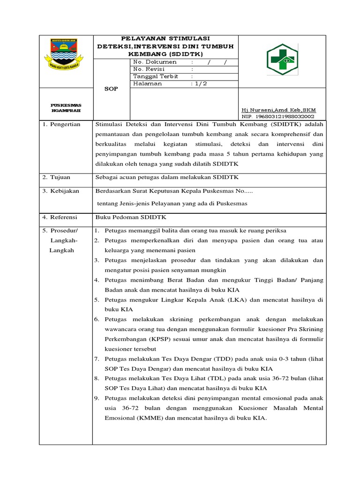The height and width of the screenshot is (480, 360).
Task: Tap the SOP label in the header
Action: [111, 89]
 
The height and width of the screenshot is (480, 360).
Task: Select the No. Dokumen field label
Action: [155, 62]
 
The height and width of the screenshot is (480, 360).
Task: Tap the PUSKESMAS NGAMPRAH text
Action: [66, 107]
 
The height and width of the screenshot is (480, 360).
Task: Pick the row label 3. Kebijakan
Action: [61, 191]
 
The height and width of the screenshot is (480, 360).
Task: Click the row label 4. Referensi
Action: [61, 217]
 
